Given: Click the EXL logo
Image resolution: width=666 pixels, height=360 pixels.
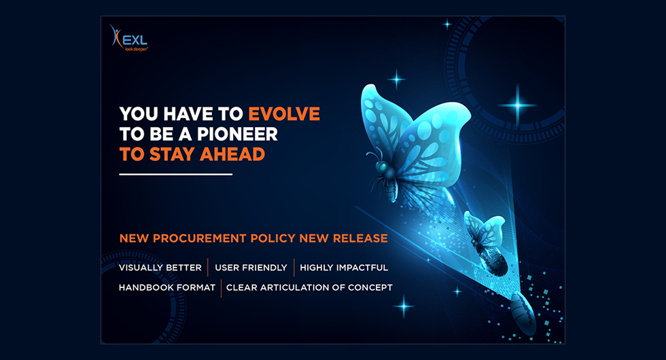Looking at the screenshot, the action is coord(128,38).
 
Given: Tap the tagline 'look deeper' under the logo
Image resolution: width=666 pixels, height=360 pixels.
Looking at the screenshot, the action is coord(136,49).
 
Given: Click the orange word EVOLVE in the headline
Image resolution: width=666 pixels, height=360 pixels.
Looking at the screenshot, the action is coord(284,114).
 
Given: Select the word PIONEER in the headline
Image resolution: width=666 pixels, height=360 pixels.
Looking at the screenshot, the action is coord(237,134).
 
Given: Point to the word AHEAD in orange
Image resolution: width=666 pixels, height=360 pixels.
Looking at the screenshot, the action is coord(232,154).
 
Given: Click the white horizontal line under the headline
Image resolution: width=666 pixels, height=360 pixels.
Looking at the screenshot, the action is coord(176,174).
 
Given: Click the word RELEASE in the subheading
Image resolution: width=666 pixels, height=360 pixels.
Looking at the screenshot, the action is coord(360,238).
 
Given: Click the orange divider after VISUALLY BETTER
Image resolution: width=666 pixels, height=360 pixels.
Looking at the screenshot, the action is coord(208,268).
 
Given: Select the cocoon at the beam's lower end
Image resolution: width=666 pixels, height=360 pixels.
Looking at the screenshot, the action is coord(523,313).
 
